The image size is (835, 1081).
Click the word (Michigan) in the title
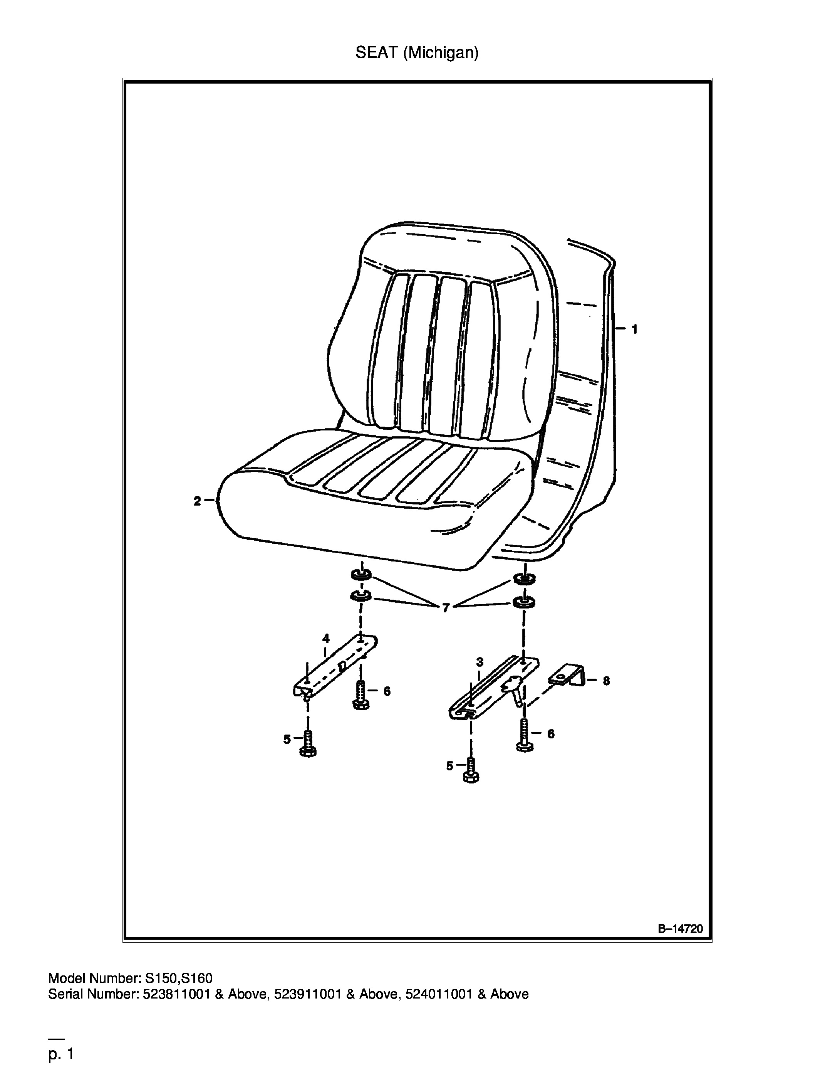441,53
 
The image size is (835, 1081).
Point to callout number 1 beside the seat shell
635,329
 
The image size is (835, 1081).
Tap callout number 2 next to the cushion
197,501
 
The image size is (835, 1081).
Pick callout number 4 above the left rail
326,638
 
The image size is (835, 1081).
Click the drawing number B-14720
680,928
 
